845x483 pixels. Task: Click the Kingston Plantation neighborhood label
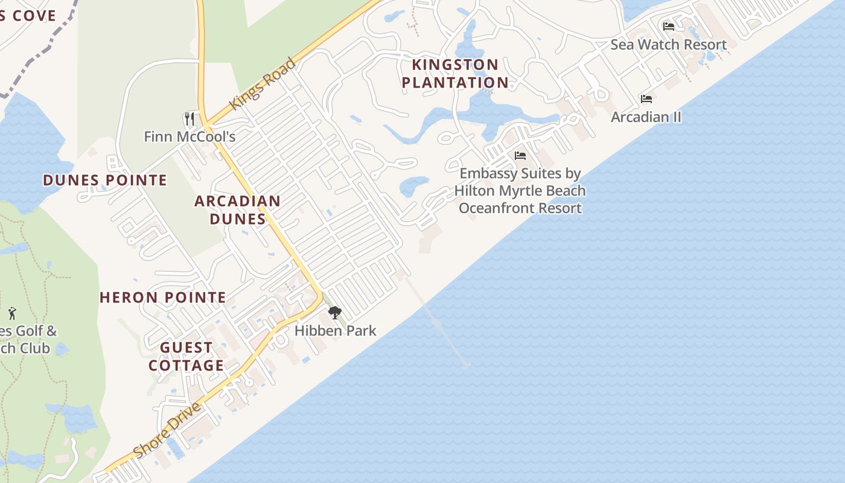coord(455,73)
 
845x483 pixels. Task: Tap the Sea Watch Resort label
coord(668,44)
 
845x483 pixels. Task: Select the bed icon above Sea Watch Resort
coord(668,27)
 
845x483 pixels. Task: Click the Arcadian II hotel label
coord(646,117)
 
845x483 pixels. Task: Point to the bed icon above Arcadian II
coord(646,98)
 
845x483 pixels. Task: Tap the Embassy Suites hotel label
coord(520,190)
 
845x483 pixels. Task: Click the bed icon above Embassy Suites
coord(520,156)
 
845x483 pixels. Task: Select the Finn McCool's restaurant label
coord(190,136)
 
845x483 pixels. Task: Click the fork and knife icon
coord(190,118)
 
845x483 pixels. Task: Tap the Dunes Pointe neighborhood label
coord(105,180)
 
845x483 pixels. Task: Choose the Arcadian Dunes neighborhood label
coord(238,210)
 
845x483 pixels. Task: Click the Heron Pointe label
coord(163,297)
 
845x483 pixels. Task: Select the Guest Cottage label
coord(187,356)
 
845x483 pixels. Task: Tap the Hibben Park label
coord(335,330)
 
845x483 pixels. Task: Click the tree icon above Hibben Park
coord(334,313)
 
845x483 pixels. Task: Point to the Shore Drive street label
coord(167,430)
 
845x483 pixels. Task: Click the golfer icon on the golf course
coord(12,313)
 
